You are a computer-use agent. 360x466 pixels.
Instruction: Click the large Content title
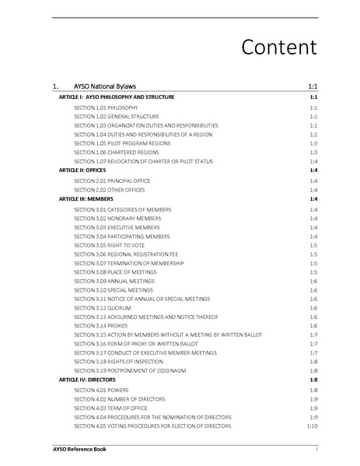coord(278,47)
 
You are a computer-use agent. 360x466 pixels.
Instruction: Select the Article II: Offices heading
coord(82,170)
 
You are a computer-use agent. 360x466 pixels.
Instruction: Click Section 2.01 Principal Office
coord(112,180)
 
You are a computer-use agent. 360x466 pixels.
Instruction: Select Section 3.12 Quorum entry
coord(97,308)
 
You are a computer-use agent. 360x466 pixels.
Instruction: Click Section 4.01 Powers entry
coord(96,389)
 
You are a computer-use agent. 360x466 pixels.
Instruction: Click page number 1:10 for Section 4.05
coord(312,426)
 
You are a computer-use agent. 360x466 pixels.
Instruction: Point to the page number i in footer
coord(316,450)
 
